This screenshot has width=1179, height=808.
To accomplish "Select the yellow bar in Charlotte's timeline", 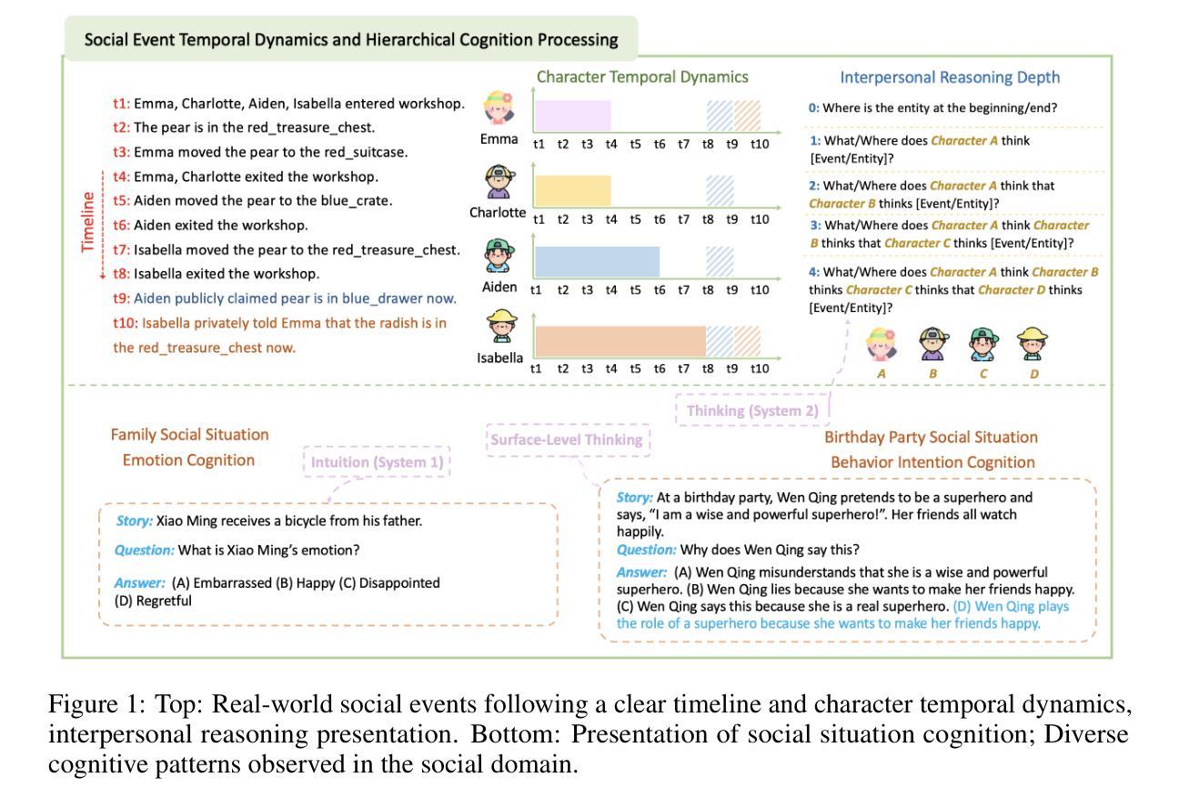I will click(571, 190).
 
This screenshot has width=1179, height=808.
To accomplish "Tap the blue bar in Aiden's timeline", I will click(596, 261).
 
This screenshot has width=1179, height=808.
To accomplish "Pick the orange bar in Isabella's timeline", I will click(620, 340).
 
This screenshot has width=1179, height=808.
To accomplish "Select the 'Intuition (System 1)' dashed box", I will click(377, 463).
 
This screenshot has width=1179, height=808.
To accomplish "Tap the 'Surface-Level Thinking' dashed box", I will click(568, 440).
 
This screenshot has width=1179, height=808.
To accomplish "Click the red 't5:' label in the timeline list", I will click(122, 201).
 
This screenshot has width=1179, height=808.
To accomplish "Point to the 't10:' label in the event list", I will click(125, 323).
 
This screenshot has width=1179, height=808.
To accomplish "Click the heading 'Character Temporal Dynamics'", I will click(642, 77).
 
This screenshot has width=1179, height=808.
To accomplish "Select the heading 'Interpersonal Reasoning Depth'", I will click(950, 77).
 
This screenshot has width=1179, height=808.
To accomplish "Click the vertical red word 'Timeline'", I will click(88, 222).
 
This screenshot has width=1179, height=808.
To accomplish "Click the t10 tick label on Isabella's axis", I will click(760, 369).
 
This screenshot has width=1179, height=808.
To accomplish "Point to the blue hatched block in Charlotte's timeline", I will click(720, 190).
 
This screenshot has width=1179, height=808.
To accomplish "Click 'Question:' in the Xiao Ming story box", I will click(144, 550).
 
